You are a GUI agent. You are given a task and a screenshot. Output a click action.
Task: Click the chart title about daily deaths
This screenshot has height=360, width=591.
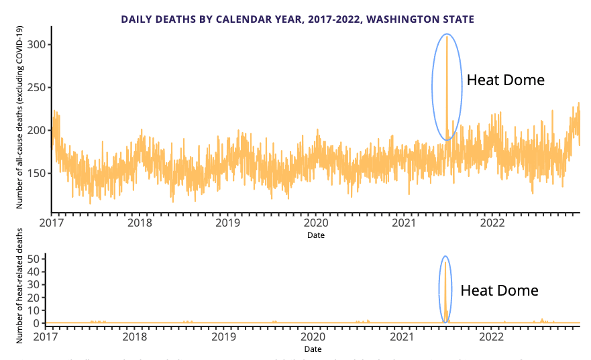(297, 19)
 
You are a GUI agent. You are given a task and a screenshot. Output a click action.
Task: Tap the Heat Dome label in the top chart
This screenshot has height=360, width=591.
(505, 80)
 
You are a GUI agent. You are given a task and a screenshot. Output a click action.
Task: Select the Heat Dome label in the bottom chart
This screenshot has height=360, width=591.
(499, 291)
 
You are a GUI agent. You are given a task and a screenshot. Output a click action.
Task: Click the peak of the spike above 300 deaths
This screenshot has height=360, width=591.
(447, 36)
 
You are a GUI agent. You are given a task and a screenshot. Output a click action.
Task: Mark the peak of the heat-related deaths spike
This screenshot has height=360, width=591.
(445, 262)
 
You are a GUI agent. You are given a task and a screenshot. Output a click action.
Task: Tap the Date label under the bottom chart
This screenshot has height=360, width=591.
(313, 349)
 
